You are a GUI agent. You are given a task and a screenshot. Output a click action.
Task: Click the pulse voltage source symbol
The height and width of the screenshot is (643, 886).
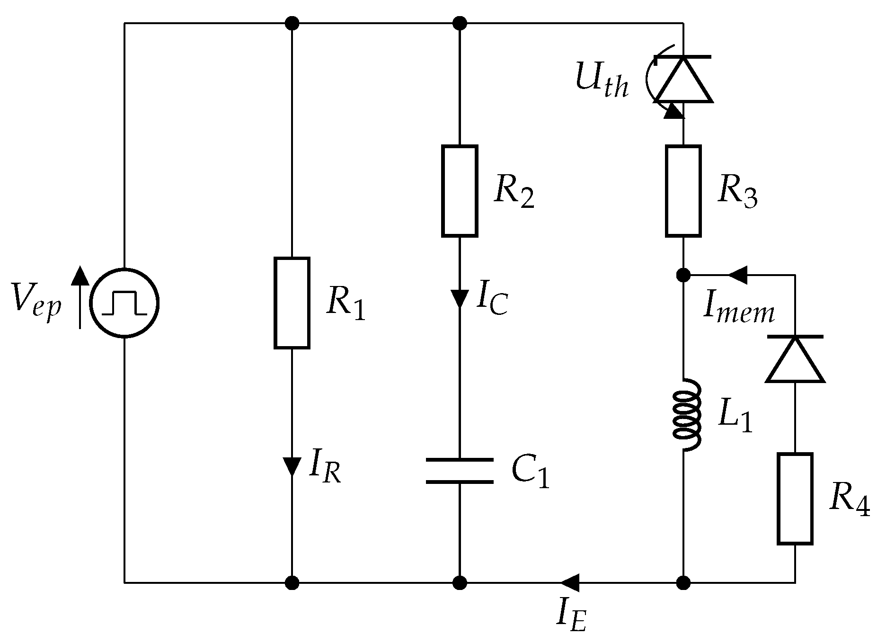pyautogui.click(x=124, y=303)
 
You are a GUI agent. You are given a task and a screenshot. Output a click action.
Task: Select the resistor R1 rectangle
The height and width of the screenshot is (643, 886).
pyautogui.click(x=292, y=303)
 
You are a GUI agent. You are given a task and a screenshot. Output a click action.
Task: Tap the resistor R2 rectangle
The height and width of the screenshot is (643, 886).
pyautogui.click(x=460, y=191)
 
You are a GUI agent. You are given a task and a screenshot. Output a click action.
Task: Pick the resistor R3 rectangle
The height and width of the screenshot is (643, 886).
pyautogui.click(x=683, y=191)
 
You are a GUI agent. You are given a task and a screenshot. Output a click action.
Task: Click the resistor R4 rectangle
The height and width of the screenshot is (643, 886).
pyautogui.click(x=795, y=499)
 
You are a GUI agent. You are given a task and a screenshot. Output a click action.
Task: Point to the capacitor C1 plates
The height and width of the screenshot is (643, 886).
pyautogui.click(x=460, y=471)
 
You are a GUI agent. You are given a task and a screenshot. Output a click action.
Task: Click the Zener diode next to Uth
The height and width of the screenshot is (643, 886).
pyautogui.click(x=683, y=79)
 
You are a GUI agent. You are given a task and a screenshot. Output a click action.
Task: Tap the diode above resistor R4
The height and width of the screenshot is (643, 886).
pyautogui.click(x=795, y=358)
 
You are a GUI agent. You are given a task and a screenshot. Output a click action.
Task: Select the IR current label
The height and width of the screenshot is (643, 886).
pyautogui.click(x=325, y=468)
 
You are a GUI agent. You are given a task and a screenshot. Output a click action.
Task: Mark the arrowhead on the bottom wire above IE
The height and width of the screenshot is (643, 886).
pyautogui.click(x=570, y=583)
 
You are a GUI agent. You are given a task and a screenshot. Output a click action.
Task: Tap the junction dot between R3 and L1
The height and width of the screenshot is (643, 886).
pyautogui.click(x=683, y=275)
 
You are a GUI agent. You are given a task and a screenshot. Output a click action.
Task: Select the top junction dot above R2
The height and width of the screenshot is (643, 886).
pyautogui.click(x=460, y=23)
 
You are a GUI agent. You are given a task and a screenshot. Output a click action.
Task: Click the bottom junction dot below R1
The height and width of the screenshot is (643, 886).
pyautogui.click(x=292, y=583)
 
